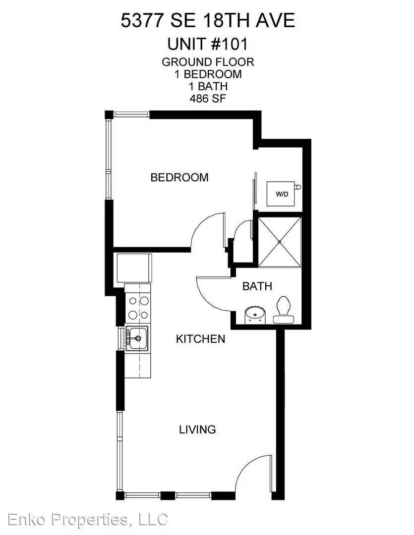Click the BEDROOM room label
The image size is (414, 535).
pos(179,177)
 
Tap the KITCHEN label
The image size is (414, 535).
pos(200,339)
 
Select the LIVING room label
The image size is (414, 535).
pos(197,429)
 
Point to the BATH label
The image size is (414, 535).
pos(257,286)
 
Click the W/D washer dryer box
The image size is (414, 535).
pos(281,194)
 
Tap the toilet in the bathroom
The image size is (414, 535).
pos(284,310)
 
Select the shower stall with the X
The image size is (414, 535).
pos(280,242)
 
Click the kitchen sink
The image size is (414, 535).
pos(137,338)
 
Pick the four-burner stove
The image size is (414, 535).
pos(138,307)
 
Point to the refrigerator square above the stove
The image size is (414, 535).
pos(134,268)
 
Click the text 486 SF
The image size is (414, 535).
pos(208,99)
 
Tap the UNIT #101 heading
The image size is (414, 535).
pos(207,44)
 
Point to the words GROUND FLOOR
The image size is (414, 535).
pos(208,62)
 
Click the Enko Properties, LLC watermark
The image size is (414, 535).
pos(88,519)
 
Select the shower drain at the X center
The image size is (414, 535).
pos(280,242)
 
